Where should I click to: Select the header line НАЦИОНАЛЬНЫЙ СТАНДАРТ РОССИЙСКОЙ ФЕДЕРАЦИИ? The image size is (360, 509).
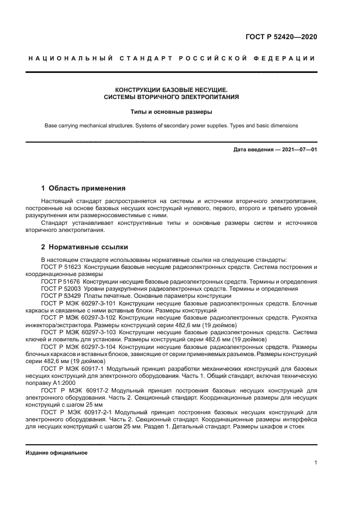point(172,58)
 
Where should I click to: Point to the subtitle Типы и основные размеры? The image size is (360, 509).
point(171,112)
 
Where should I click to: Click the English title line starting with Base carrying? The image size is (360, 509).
point(171,125)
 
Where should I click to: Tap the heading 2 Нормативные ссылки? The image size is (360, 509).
point(83,246)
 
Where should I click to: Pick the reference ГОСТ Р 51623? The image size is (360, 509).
point(60,267)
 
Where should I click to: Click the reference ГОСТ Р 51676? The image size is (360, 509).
point(60,281)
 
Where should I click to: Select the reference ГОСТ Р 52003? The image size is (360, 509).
point(60,289)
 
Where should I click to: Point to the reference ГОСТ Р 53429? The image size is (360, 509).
point(60,296)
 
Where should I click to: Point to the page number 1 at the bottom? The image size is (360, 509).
point(315,463)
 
